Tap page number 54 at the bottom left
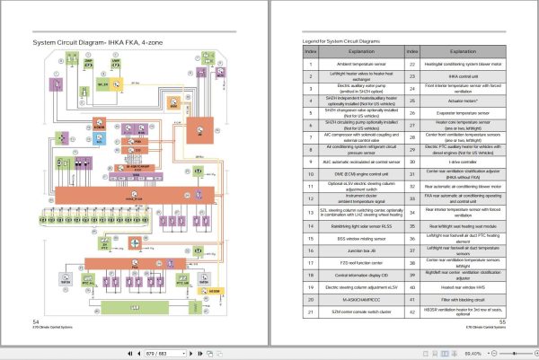[x=35, y=320]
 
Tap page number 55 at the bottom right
[x=502, y=320]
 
